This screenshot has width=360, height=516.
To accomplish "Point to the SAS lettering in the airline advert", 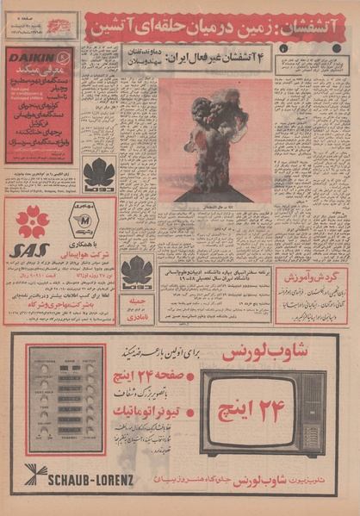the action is (28, 251).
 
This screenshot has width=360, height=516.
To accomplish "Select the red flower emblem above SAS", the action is (34, 221).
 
